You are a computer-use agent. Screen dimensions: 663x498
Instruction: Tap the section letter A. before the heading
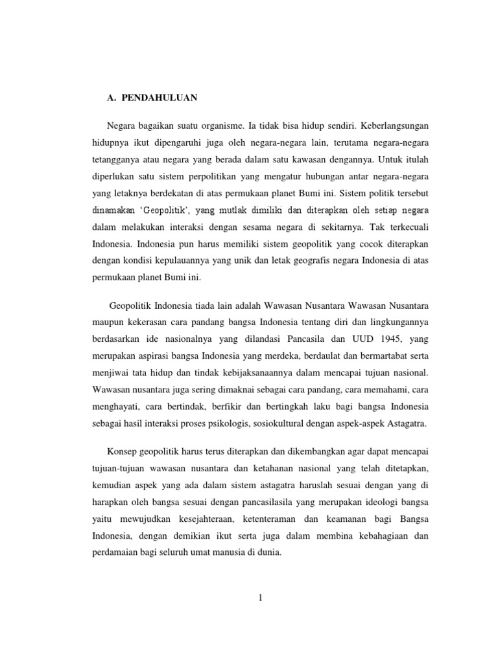click(x=110, y=97)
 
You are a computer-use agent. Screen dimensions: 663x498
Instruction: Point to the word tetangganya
click(x=117, y=159)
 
